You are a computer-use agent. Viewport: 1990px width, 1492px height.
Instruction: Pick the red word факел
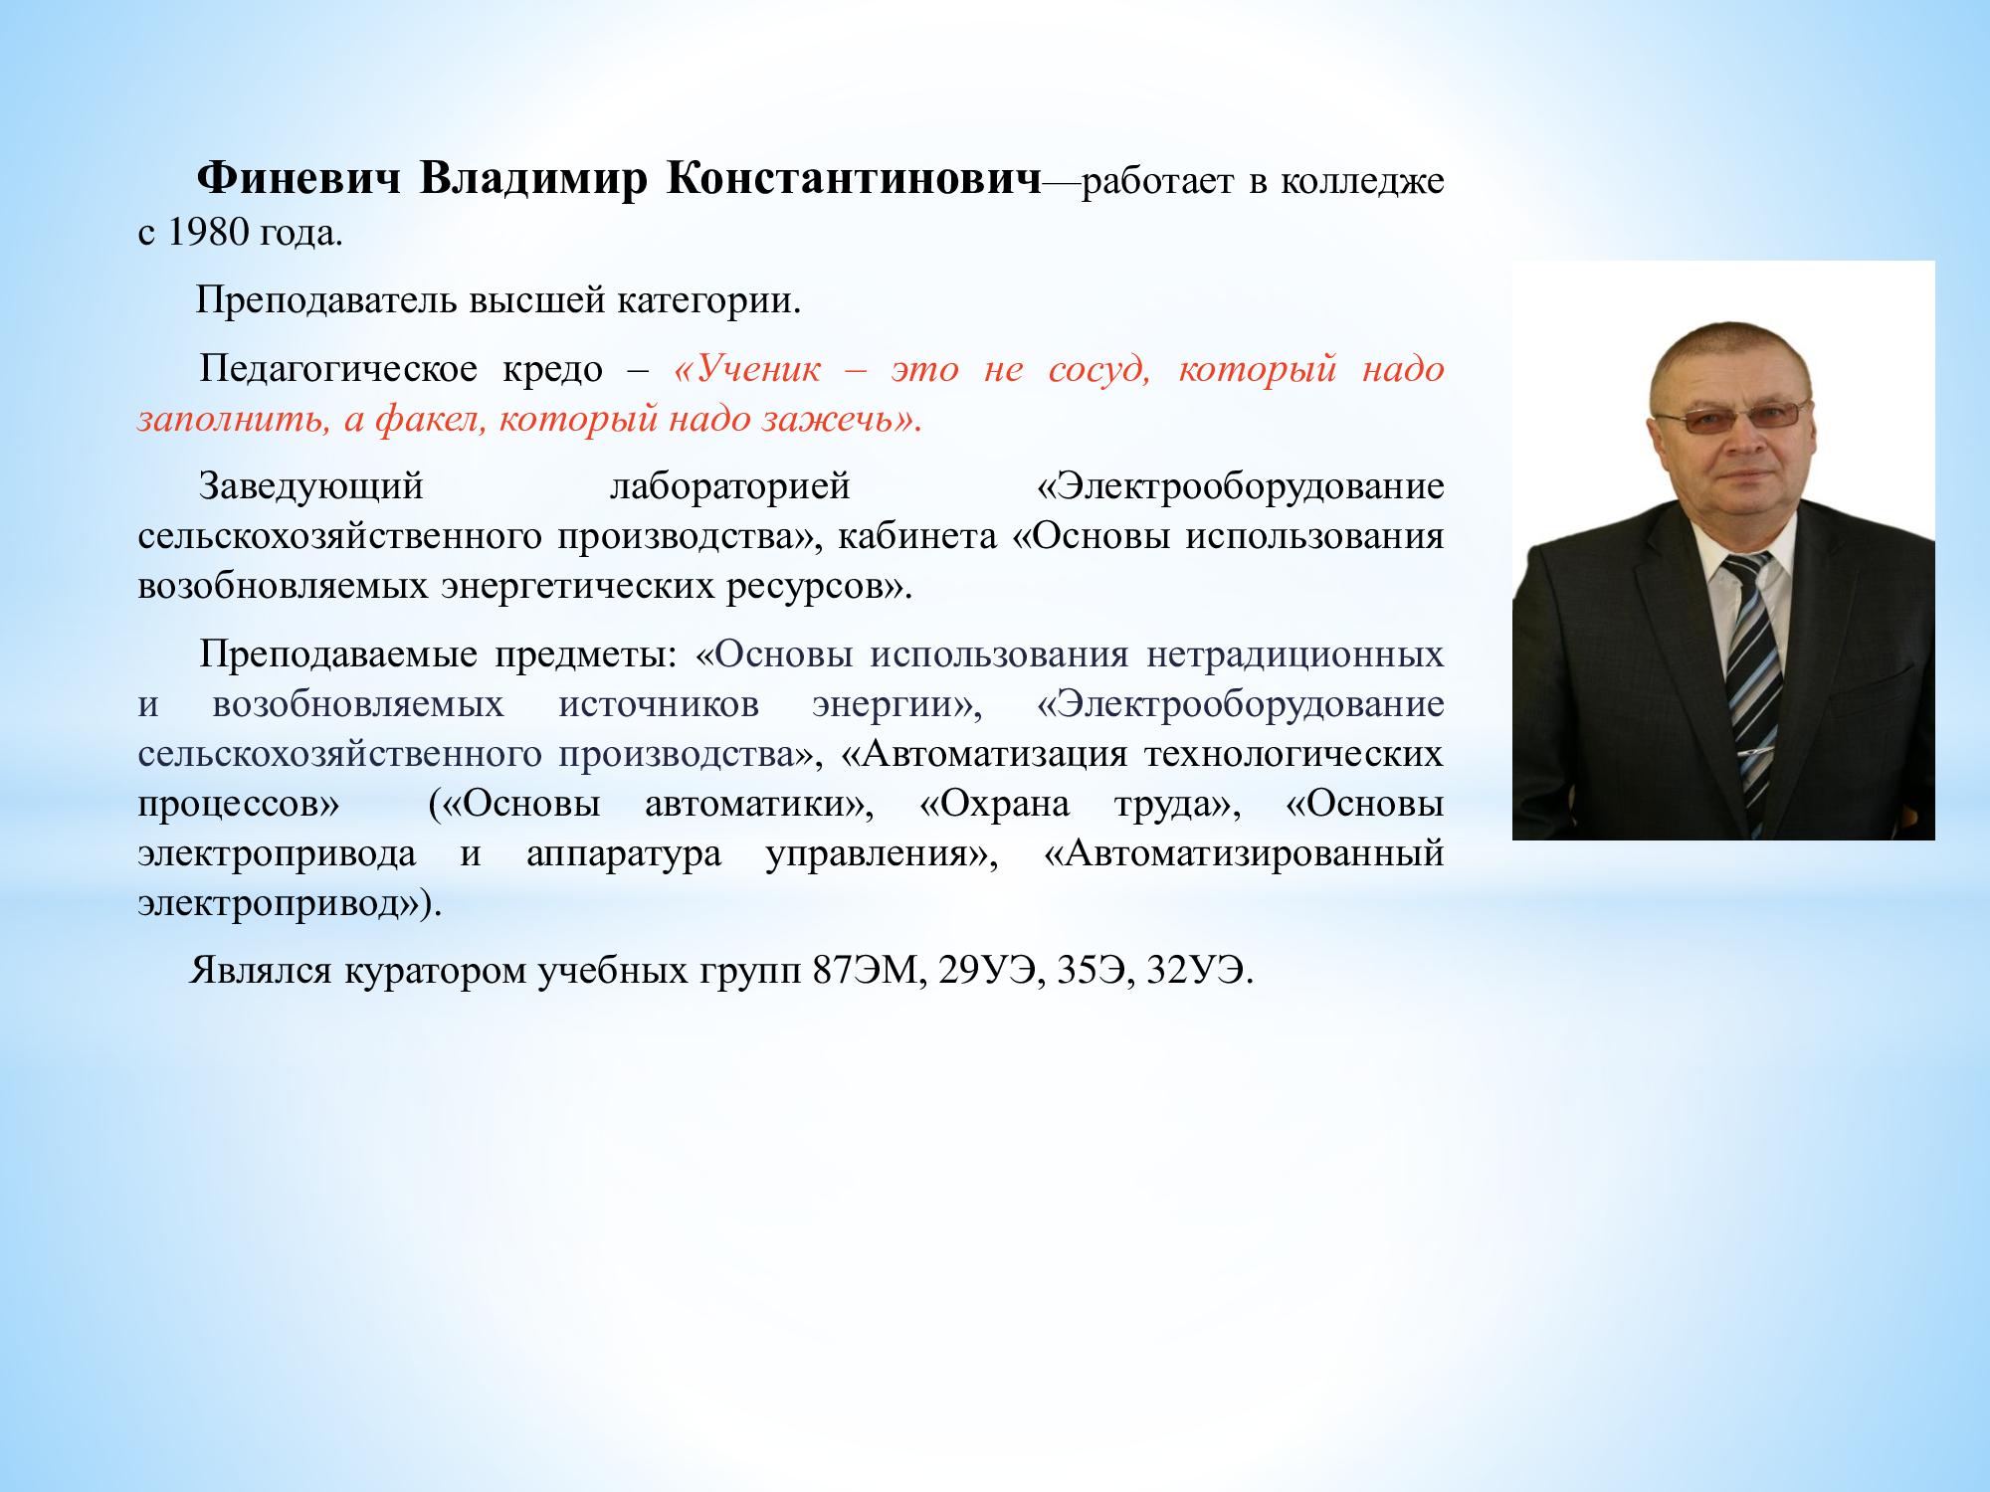click(x=431, y=420)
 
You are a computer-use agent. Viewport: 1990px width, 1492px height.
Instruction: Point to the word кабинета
click(x=916, y=537)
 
